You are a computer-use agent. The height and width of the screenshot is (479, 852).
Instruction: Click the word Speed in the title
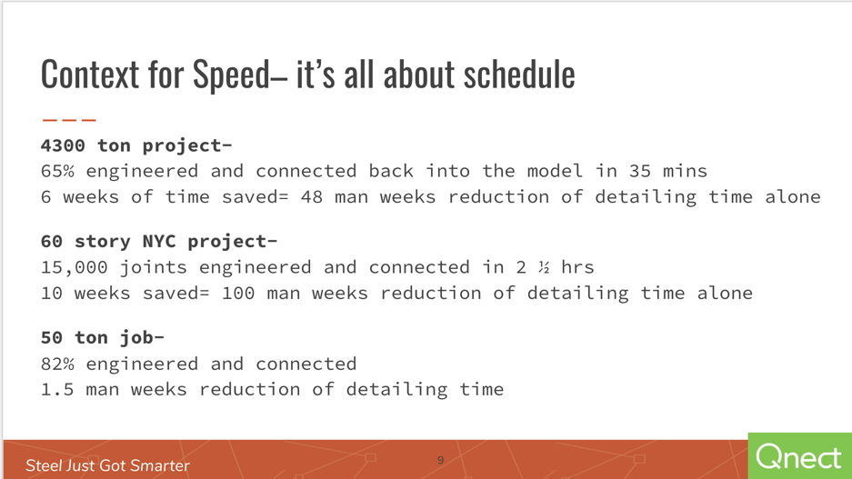pos(231,75)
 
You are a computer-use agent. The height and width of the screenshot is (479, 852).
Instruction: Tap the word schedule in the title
pos(519,74)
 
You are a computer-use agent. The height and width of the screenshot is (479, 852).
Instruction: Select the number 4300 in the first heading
pos(63,145)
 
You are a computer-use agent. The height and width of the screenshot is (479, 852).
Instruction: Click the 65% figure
pos(57,171)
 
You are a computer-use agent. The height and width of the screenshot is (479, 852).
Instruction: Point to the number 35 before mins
pos(639,171)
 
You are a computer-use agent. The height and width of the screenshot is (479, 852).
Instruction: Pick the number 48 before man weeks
pos(312,196)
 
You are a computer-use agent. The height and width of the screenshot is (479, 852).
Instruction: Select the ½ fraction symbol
pos(544,267)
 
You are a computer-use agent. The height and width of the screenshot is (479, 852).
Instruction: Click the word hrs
pos(577,267)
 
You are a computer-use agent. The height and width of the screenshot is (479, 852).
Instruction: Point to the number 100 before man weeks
pos(238,294)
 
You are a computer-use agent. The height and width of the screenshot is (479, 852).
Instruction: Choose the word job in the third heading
pos(136,338)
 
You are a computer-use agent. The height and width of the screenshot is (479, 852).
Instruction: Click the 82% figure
pos(57,364)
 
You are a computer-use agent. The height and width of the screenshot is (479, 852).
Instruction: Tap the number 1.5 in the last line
pos(57,389)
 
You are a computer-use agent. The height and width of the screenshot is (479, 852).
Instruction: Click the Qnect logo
pos(798,457)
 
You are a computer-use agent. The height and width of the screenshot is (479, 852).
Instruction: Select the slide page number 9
pos(441,461)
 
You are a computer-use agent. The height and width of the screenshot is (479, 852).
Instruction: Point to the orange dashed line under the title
pos(69,119)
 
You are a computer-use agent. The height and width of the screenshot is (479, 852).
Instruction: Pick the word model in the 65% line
pos(555,171)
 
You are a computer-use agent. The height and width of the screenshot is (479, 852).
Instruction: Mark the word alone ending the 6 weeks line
pos(793,196)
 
